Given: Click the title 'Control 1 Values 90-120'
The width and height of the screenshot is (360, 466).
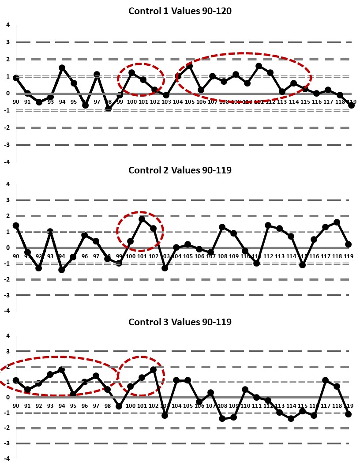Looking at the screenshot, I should (180, 11).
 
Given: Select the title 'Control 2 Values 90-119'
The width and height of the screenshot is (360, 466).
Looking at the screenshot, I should (180, 170).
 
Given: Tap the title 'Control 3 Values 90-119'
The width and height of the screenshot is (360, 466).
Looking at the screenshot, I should (180, 322).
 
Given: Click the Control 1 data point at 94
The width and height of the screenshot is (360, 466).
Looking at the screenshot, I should (62, 68).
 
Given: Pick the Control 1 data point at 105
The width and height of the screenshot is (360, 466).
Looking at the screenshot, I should (190, 66).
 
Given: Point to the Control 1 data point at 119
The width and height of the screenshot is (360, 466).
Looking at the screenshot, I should (351, 105).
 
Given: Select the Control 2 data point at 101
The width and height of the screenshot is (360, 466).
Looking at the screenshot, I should (142, 219).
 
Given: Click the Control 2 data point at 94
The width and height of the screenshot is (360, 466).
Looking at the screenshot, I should (62, 270).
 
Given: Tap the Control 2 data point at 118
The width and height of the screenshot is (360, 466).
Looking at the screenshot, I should (337, 222).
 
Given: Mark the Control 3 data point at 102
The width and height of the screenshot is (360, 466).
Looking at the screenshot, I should (154, 369).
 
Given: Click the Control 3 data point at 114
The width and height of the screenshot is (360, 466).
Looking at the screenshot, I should (291, 418).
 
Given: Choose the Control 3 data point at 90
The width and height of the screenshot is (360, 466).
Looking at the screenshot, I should (16, 380).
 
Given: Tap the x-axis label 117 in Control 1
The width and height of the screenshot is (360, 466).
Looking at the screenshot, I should (328, 101).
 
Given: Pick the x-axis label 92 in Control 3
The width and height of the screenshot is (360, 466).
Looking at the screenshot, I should (39, 406).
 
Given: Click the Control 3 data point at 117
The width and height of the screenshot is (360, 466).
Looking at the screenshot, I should (326, 380).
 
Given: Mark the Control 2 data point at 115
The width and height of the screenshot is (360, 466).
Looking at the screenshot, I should (303, 265).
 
